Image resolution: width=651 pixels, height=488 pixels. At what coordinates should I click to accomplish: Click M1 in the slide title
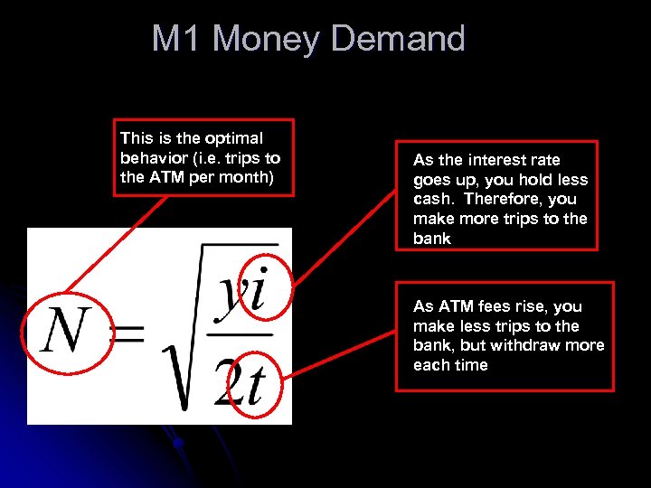tap(177, 39)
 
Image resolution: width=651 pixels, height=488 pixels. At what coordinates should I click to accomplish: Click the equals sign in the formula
tap(129, 336)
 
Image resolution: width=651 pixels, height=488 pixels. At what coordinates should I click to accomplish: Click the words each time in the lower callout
tap(450, 365)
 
